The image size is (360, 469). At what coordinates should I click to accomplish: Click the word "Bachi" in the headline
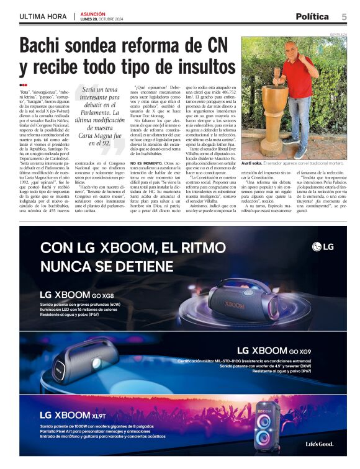pos(42,47)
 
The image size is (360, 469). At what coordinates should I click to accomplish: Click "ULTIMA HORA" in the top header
pos(43,17)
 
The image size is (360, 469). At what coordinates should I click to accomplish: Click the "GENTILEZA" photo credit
pos(338,35)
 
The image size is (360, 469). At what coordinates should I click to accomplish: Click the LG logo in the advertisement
pos(323,247)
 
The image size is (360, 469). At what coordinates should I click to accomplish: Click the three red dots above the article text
pos(23,85)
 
